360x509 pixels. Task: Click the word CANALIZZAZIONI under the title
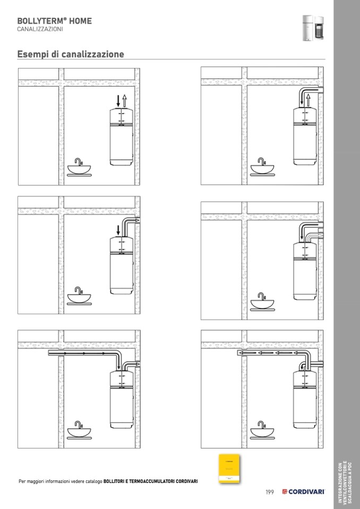pos(40,29)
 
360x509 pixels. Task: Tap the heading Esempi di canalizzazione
pos(71,54)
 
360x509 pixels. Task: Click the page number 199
pos(269,492)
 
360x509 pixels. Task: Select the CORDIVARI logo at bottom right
pos(304,492)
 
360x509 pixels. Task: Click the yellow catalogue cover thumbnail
pos(229,469)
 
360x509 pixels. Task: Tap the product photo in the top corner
pos(313,28)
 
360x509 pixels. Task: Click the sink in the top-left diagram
pos(79,167)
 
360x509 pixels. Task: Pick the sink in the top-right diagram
pos(262,167)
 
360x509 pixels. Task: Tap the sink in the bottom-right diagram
pos(262,430)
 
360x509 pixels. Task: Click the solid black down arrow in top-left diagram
pos(118,100)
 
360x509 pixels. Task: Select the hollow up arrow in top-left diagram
pos(124,100)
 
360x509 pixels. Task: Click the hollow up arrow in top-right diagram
pos(308,99)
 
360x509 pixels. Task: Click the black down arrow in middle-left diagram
pos(118,230)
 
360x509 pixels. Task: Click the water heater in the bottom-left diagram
pos(122,399)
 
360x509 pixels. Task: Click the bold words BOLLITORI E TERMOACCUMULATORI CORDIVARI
pos(151,481)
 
